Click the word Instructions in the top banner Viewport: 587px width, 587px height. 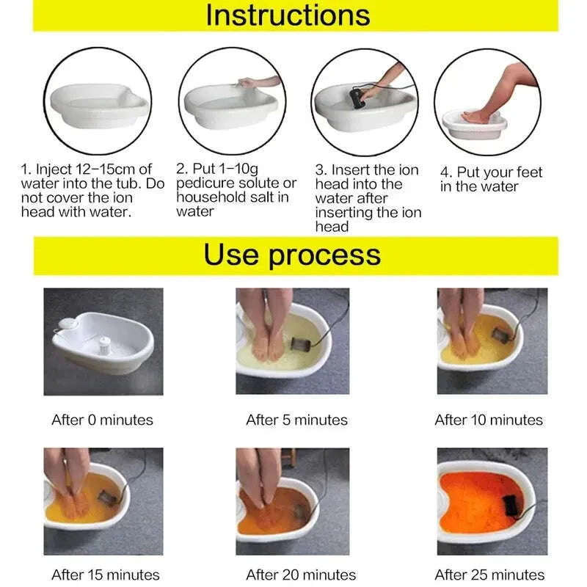pos(288,15)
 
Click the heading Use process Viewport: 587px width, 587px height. pos(292,255)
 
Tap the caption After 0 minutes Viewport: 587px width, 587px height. pos(102,420)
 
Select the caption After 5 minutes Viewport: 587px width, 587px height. pos(296,420)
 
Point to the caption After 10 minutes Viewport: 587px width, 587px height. pos(489,420)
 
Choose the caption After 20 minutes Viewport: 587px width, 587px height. pos(301,575)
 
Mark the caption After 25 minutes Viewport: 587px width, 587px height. pos(489,575)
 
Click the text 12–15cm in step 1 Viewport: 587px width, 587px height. pos(113,169)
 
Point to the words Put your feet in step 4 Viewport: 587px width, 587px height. pos(499,172)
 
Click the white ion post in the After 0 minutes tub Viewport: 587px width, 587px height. pos(105,343)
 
